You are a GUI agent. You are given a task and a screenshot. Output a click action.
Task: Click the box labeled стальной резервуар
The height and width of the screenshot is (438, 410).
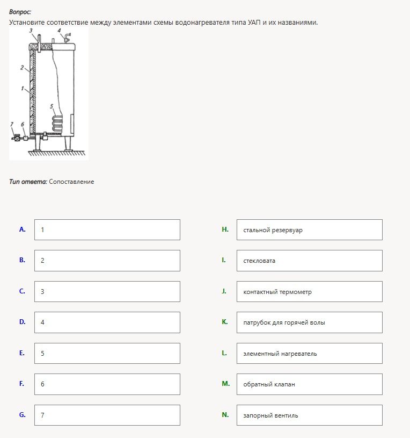(x=309, y=229)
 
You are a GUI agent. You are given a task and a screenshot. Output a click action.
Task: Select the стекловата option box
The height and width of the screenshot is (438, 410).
(x=309, y=261)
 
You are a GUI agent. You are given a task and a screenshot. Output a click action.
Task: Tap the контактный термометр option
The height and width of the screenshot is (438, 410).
(x=309, y=292)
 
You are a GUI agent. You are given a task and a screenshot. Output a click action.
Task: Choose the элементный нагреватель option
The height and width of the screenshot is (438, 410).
(x=309, y=354)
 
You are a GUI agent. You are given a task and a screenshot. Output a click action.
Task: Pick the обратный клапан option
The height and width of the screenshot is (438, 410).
(x=309, y=384)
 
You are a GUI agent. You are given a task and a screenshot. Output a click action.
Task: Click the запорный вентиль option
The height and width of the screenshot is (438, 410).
(x=309, y=415)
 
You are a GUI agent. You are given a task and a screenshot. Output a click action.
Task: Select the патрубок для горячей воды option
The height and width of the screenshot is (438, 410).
(x=309, y=322)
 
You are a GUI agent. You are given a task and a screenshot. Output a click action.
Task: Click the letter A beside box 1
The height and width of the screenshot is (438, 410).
(x=23, y=229)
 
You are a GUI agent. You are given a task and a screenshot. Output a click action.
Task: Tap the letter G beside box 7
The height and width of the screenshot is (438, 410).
(x=23, y=415)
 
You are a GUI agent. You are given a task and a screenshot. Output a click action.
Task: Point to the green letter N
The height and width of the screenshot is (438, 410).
(x=225, y=415)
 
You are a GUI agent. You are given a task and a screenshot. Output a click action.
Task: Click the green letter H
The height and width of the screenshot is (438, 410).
(x=225, y=229)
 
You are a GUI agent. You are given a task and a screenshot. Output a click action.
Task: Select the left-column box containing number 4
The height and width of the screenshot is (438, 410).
(x=107, y=322)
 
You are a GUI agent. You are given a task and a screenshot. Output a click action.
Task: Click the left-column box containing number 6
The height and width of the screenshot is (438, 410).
(x=107, y=384)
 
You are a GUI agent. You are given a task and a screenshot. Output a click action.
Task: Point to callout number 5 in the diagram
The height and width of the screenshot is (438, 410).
(x=52, y=106)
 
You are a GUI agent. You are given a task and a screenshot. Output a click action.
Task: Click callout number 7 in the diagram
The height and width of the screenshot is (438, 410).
(x=12, y=124)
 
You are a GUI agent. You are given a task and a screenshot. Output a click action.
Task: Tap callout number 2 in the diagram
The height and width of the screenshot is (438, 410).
(x=22, y=67)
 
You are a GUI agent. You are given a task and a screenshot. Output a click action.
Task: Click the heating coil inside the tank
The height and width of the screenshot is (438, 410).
(x=57, y=123)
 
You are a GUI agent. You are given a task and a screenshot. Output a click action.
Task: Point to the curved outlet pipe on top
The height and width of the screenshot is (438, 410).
(x=67, y=37)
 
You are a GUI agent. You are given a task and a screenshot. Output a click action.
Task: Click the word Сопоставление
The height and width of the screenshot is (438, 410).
(x=71, y=182)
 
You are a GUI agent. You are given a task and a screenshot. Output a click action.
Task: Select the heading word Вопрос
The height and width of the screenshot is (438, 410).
(x=20, y=12)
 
